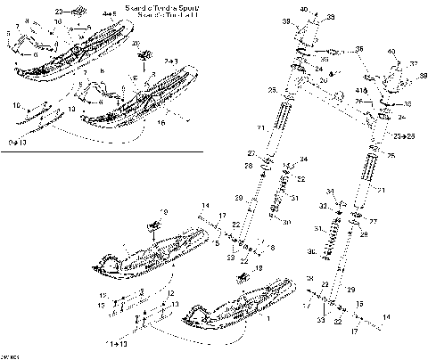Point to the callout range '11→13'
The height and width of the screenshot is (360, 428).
pyautogui.click(x=116, y=342)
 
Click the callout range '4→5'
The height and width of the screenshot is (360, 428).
pyautogui.click(x=108, y=15)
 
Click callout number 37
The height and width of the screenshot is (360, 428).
pyautogui.click(x=414, y=64)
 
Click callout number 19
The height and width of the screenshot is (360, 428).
pyautogui.click(x=162, y=211)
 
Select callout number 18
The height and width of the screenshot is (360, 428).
pyautogui.click(x=259, y=267)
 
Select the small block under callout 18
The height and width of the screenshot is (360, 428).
pyautogui.click(x=241, y=279)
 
